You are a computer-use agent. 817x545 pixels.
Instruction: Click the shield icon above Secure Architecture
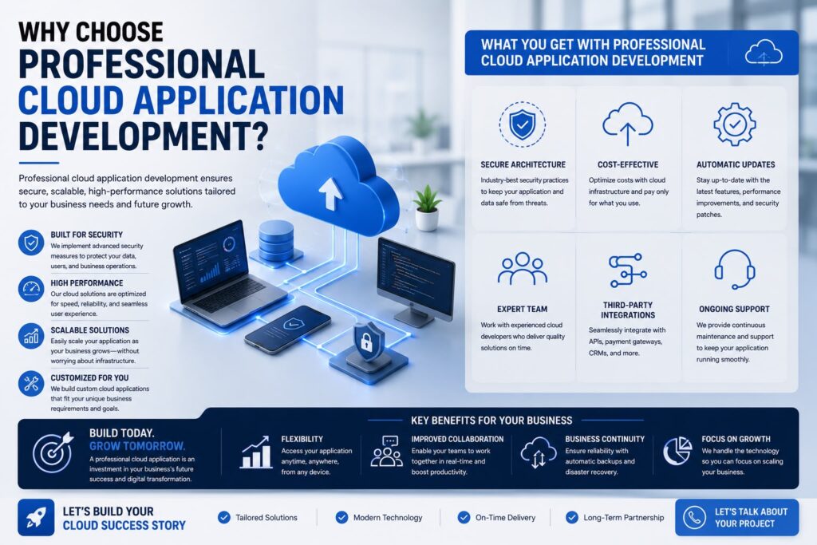coord(522,124)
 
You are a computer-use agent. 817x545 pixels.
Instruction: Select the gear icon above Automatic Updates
coord(735,124)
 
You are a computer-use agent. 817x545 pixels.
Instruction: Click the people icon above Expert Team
coord(522,269)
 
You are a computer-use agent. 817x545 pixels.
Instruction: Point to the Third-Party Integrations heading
coord(628,310)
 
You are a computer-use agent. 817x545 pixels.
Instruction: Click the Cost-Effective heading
coord(628,164)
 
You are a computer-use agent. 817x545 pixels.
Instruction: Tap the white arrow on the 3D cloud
coord(330,193)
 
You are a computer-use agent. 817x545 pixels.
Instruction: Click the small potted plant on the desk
coord(427,208)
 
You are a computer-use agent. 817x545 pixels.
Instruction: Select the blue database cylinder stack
coord(276,240)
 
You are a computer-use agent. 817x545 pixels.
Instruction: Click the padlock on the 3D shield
coord(367,342)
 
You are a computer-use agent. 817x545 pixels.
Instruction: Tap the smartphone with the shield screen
coord(287,329)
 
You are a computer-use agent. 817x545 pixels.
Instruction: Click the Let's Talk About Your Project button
coord(736,517)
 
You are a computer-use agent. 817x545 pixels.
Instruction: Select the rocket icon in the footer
coord(36,517)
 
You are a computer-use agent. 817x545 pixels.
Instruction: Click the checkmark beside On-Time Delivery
coord(464,517)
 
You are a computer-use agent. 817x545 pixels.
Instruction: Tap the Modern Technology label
coord(388,518)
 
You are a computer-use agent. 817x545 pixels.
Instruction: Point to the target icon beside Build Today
coord(53,452)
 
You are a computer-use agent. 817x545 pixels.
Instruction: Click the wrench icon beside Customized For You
coord(31,384)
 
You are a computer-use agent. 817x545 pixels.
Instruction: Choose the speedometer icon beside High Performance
coord(31,289)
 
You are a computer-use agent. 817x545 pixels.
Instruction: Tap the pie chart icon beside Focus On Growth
coord(677,451)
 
